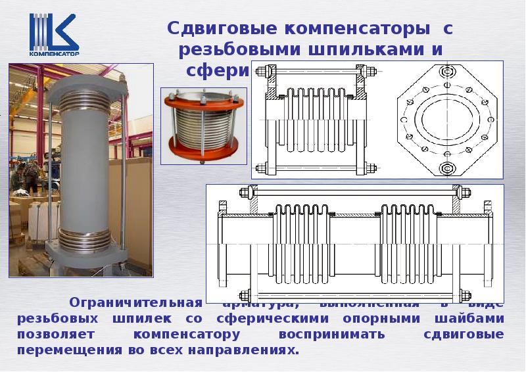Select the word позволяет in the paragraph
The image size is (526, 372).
coord(58,335)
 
